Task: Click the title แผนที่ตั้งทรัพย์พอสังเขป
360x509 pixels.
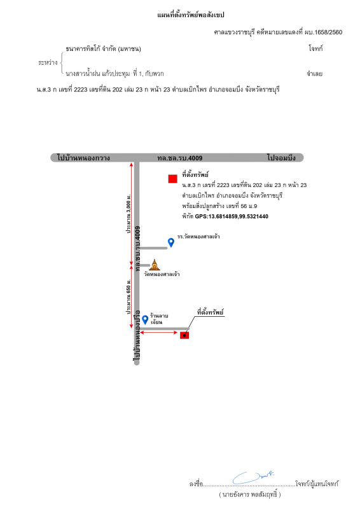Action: coord(191,15)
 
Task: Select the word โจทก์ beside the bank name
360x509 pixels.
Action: coord(315,49)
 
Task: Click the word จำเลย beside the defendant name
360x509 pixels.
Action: coord(315,74)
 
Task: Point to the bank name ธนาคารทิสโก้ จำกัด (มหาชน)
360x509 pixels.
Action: coord(103,49)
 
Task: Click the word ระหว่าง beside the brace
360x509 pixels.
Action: coord(48,62)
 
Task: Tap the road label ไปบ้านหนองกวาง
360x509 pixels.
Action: coord(83,158)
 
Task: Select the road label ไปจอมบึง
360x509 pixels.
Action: coord(281,158)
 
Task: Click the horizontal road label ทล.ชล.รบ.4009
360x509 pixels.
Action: coord(179,158)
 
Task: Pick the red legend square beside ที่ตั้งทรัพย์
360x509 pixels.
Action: coord(173,179)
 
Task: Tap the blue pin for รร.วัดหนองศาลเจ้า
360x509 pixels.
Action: coord(170,242)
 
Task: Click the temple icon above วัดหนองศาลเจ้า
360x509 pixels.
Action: coord(155,265)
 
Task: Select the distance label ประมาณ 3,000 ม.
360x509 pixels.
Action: coord(129,214)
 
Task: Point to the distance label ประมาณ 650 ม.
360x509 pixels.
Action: coord(128,296)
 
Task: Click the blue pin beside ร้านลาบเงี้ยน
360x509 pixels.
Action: coord(145,320)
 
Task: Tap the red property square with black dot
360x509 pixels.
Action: coord(184,335)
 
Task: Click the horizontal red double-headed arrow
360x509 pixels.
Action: coord(159,333)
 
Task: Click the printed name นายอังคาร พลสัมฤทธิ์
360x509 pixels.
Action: coord(249,494)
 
